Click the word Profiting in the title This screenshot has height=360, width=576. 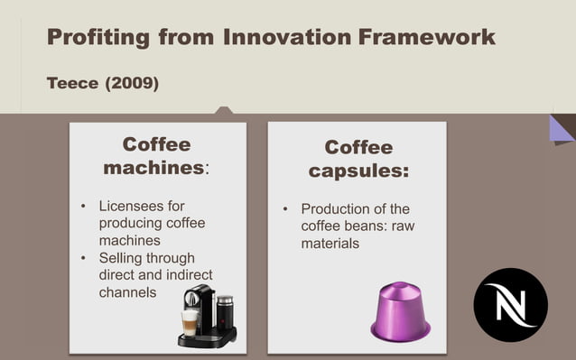coord(98,37)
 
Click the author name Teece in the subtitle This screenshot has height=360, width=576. coord(72,84)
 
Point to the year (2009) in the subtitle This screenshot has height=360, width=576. coord(132,84)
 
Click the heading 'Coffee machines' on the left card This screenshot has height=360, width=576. coord(156,156)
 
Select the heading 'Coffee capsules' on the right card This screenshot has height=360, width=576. coord(358,159)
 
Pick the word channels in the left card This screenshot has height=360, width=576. coord(127,292)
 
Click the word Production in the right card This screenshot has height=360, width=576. coord(337,209)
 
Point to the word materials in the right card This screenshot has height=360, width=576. coord(330,244)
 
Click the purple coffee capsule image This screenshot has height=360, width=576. coord(400,311)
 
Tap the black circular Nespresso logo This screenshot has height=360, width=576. coord(510,304)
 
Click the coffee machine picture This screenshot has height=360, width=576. coord(207,316)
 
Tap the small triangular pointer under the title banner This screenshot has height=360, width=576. coord(224,110)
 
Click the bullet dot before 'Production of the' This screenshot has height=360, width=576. coord(285,209)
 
